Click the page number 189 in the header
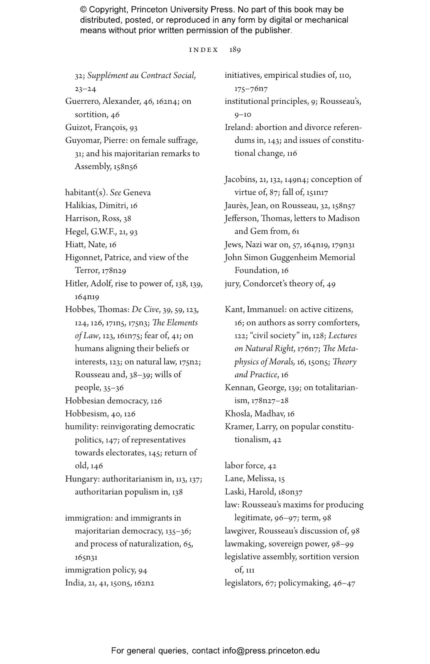235,50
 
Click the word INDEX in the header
204,50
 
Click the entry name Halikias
81,206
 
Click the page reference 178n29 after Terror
114,271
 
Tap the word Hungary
81,479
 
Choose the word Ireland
238,127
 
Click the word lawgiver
240,531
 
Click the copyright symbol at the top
83,10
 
